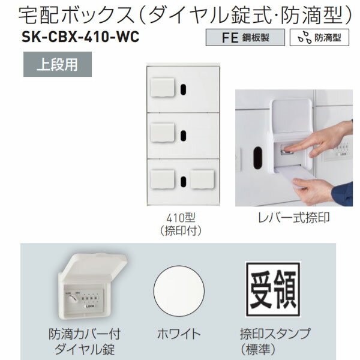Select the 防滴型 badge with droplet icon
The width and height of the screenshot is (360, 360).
320,37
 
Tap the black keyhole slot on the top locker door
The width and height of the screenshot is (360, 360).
182,89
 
